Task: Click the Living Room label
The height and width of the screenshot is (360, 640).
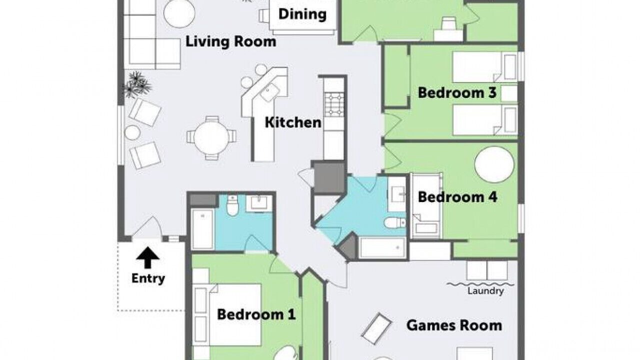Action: pyautogui.click(x=231, y=41)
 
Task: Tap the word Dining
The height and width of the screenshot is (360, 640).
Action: pyautogui.click(x=302, y=14)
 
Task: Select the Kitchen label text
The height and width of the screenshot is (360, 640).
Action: pyautogui.click(x=293, y=122)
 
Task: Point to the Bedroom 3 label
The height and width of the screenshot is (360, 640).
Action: pyautogui.click(x=457, y=93)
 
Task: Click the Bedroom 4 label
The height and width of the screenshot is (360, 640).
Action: pyautogui.click(x=457, y=197)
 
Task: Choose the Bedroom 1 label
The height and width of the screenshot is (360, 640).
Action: pyautogui.click(x=256, y=314)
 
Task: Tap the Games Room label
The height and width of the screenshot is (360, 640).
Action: pyautogui.click(x=454, y=325)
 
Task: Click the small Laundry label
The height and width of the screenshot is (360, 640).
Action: pyautogui.click(x=485, y=291)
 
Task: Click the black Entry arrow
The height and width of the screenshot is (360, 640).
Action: pyautogui.click(x=147, y=257)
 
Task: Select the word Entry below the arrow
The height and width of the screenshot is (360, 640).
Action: pyautogui.click(x=148, y=278)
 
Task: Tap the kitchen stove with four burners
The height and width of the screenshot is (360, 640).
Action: pyautogui.click(x=334, y=104)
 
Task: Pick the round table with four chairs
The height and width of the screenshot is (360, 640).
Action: pyautogui.click(x=211, y=137)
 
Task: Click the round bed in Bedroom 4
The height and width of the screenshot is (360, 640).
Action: pyautogui.click(x=494, y=164)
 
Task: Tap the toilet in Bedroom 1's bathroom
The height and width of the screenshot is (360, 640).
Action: pyautogui.click(x=232, y=205)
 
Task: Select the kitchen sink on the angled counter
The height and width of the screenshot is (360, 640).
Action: pyautogui.click(x=270, y=92)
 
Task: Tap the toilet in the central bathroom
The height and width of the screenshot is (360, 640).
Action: pyautogui.click(x=395, y=223)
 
